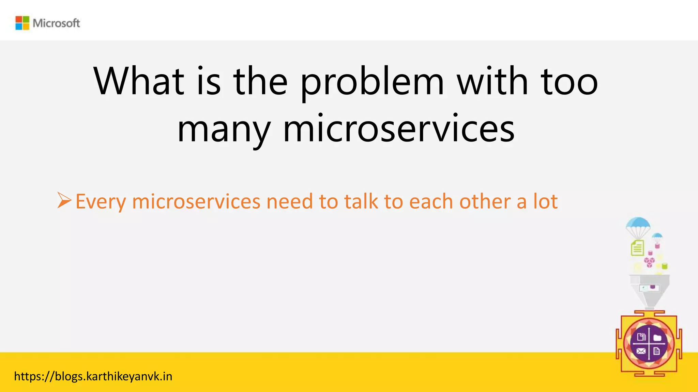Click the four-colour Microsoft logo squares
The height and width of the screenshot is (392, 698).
(x=22, y=23)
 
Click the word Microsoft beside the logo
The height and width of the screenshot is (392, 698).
(x=56, y=23)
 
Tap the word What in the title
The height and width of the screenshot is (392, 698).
(x=139, y=82)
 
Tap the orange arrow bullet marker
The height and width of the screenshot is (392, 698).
(x=64, y=200)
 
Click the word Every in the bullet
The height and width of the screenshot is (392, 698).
(x=101, y=202)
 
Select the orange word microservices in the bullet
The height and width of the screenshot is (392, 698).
(x=196, y=201)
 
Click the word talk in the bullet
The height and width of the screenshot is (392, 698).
(x=361, y=201)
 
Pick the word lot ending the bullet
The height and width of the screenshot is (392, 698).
(x=545, y=201)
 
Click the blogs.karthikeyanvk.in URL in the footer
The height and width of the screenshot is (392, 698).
(x=93, y=376)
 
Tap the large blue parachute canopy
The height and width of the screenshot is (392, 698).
(x=638, y=224)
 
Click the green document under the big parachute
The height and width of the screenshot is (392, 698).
(x=637, y=248)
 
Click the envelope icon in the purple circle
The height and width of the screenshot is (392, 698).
(x=641, y=351)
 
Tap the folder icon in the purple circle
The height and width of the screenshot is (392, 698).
(x=657, y=338)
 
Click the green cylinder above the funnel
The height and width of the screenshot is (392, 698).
(x=664, y=266)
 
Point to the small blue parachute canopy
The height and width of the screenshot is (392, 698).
(x=657, y=236)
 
